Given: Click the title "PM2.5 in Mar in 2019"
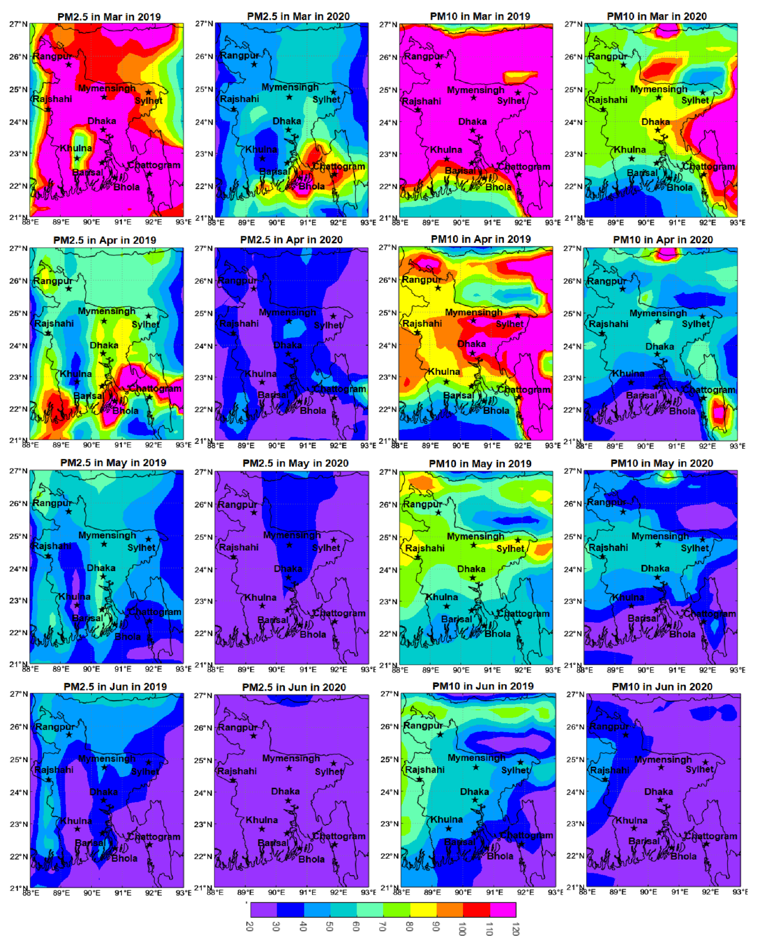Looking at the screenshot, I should coord(109,17).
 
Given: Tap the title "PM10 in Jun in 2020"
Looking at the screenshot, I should coord(662,687).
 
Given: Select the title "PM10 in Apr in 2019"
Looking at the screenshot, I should coord(481,239).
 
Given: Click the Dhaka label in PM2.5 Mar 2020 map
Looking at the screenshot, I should coord(287,121).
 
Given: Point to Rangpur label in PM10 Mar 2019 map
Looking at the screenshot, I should coord(423,56).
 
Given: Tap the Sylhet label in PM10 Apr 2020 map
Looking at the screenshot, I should coord(695,324).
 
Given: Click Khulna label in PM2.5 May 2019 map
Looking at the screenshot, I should coord(75,597).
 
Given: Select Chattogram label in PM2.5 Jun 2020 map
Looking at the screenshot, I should coord(339,836).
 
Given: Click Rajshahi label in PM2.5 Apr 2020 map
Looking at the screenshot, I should coord(239,323).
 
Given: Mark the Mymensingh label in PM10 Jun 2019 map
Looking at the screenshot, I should coord(476,758).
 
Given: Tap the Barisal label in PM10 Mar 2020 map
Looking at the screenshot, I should coord(642,173).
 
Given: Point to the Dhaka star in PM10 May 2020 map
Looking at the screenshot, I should coord(657,577).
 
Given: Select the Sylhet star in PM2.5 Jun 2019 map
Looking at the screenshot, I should coord(148,762).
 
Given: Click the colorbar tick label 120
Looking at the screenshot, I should coord(516,929).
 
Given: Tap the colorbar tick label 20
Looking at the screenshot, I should coord(250,926).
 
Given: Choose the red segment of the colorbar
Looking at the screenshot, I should coord(476,909).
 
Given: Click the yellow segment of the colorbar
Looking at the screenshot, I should coord(423,909).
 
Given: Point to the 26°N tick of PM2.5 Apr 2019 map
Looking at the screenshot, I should coord(18,281).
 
